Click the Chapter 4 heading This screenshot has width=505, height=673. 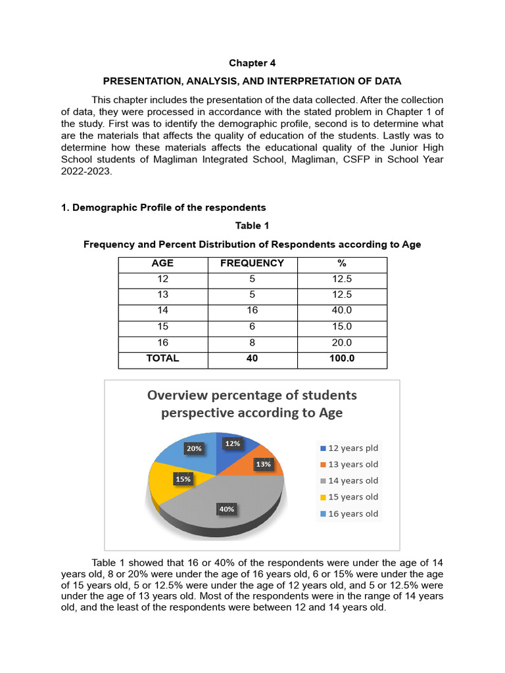pos(252,63)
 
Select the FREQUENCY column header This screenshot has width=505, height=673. pos(252,264)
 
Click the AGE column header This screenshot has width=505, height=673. pos(162,264)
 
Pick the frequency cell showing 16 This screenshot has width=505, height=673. pos(252,311)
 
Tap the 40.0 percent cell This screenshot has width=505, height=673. pos(342,311)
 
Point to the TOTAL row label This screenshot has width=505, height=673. pos(162,359)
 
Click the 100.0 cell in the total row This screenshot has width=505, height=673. pos(342,359)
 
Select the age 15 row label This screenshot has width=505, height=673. pos(162,327)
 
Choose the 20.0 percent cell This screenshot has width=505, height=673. pos(342,343)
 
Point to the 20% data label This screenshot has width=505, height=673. pos(194,449)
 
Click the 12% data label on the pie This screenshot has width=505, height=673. pos(232,444)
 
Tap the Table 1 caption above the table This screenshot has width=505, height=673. pos(252,226)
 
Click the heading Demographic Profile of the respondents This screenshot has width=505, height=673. pos(164,208)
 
